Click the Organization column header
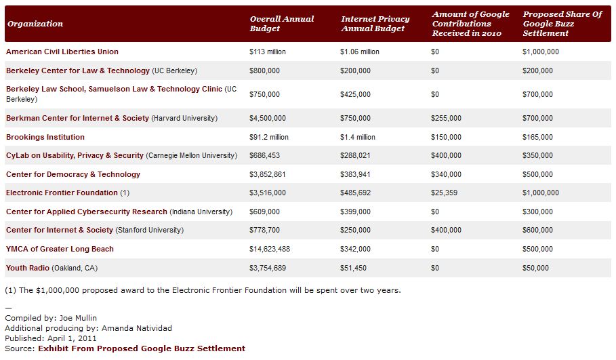click(35, 24)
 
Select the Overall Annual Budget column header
click(282, 24)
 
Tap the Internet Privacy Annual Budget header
click(374, 24)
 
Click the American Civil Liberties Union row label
click(62, 52)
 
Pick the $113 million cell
click(268, 52)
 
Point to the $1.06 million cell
click(359, 52)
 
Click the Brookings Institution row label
click(45, 137)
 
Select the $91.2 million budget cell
click(269, 137)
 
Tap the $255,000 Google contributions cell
click(446, 118)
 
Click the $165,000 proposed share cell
click(537, 137)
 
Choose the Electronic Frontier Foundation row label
click(62, 193)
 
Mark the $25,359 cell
click(444, 193)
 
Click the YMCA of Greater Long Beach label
click(60, 249)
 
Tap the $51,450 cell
click(355, 268)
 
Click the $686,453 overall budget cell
click(264, 155)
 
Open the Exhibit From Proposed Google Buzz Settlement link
click(142, 348)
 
